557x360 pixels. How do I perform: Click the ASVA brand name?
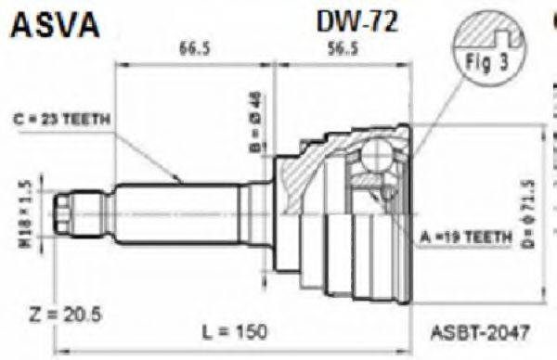click(54, 26)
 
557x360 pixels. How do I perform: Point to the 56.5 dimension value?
click(341, 50)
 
